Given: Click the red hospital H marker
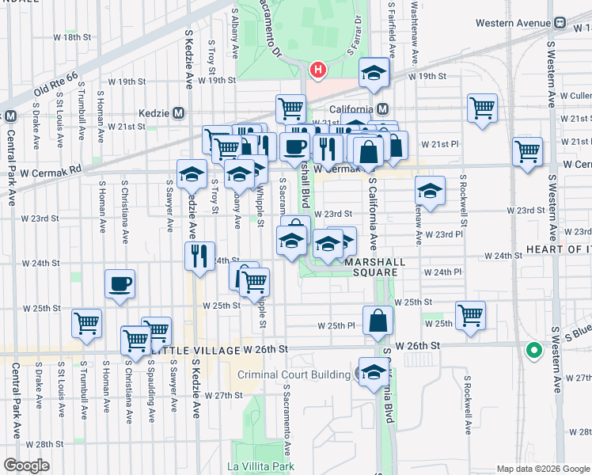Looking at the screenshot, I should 317,70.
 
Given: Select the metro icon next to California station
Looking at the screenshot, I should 383,108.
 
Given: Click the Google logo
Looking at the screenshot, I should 26,465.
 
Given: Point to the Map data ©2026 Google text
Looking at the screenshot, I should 543,469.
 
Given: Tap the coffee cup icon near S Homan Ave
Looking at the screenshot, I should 120,283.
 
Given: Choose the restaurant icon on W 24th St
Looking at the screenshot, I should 199,255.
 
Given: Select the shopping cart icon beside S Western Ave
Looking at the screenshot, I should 527,150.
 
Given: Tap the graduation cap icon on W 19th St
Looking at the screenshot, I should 374,73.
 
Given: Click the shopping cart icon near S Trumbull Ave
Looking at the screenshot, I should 86,321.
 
